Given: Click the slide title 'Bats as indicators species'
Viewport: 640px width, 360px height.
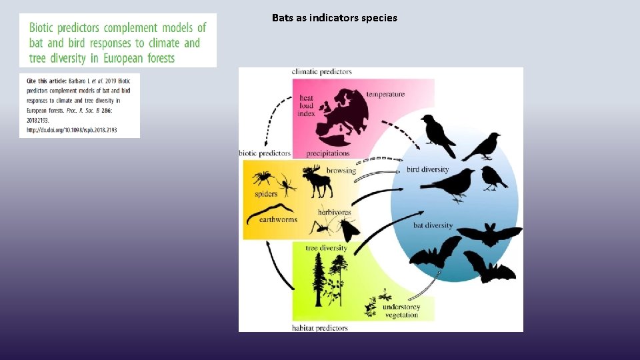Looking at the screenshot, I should point(334,18).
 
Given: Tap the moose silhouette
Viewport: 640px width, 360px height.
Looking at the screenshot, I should point(317,182).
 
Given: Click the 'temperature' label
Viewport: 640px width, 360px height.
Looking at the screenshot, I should point(385,94).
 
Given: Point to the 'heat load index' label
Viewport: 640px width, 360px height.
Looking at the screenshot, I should point(307,105).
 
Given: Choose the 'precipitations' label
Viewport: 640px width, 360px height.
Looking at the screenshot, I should point(327,153).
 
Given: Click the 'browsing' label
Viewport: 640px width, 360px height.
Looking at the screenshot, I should point(341,171).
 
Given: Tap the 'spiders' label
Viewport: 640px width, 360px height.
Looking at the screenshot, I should point(266,195).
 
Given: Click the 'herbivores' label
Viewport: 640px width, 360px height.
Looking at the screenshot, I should point(334,212).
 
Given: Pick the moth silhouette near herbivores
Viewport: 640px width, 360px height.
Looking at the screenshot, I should point(347,230).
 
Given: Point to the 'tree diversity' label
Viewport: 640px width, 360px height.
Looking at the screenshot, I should point(326,248).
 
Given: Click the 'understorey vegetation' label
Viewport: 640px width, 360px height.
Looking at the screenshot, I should point(401,311).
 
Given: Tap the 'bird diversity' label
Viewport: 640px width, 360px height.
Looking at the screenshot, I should point(428,169).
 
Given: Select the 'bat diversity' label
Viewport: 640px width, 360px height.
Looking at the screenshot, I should point(433,225).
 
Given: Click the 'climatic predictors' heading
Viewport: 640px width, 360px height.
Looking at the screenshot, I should point(322,71).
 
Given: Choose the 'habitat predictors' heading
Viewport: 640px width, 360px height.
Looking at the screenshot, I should point(320,328).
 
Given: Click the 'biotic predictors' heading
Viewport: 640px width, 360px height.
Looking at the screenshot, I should point(265,153).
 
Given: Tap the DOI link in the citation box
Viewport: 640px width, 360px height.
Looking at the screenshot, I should point(71,130).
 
